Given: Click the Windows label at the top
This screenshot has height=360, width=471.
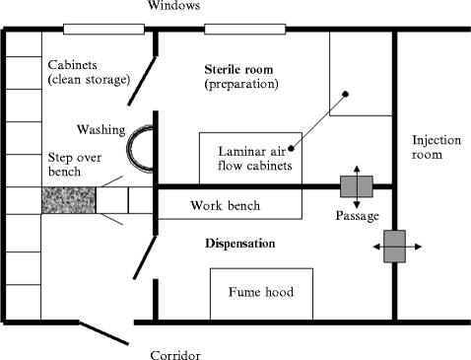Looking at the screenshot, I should click(175, 6).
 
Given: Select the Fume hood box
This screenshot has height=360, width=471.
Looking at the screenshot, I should click(261, 293).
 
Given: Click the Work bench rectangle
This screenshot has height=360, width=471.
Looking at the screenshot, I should click(230, 205).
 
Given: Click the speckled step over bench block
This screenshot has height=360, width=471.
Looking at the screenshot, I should click(68, 201).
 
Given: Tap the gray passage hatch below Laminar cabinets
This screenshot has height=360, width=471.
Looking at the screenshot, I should click(355, 185).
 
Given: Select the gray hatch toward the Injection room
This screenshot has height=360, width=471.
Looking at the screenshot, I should click(395, 246).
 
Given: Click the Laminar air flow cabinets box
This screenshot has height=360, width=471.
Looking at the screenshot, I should click(251, 158).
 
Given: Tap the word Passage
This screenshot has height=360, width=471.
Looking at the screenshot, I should click(356, 214).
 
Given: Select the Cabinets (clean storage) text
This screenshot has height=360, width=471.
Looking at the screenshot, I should click(87, 72).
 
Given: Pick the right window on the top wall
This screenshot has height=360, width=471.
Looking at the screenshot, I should click(243, 28).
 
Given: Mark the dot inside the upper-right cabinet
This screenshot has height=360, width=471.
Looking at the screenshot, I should click(345, 95).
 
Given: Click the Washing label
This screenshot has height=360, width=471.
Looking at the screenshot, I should click(101, 129).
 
